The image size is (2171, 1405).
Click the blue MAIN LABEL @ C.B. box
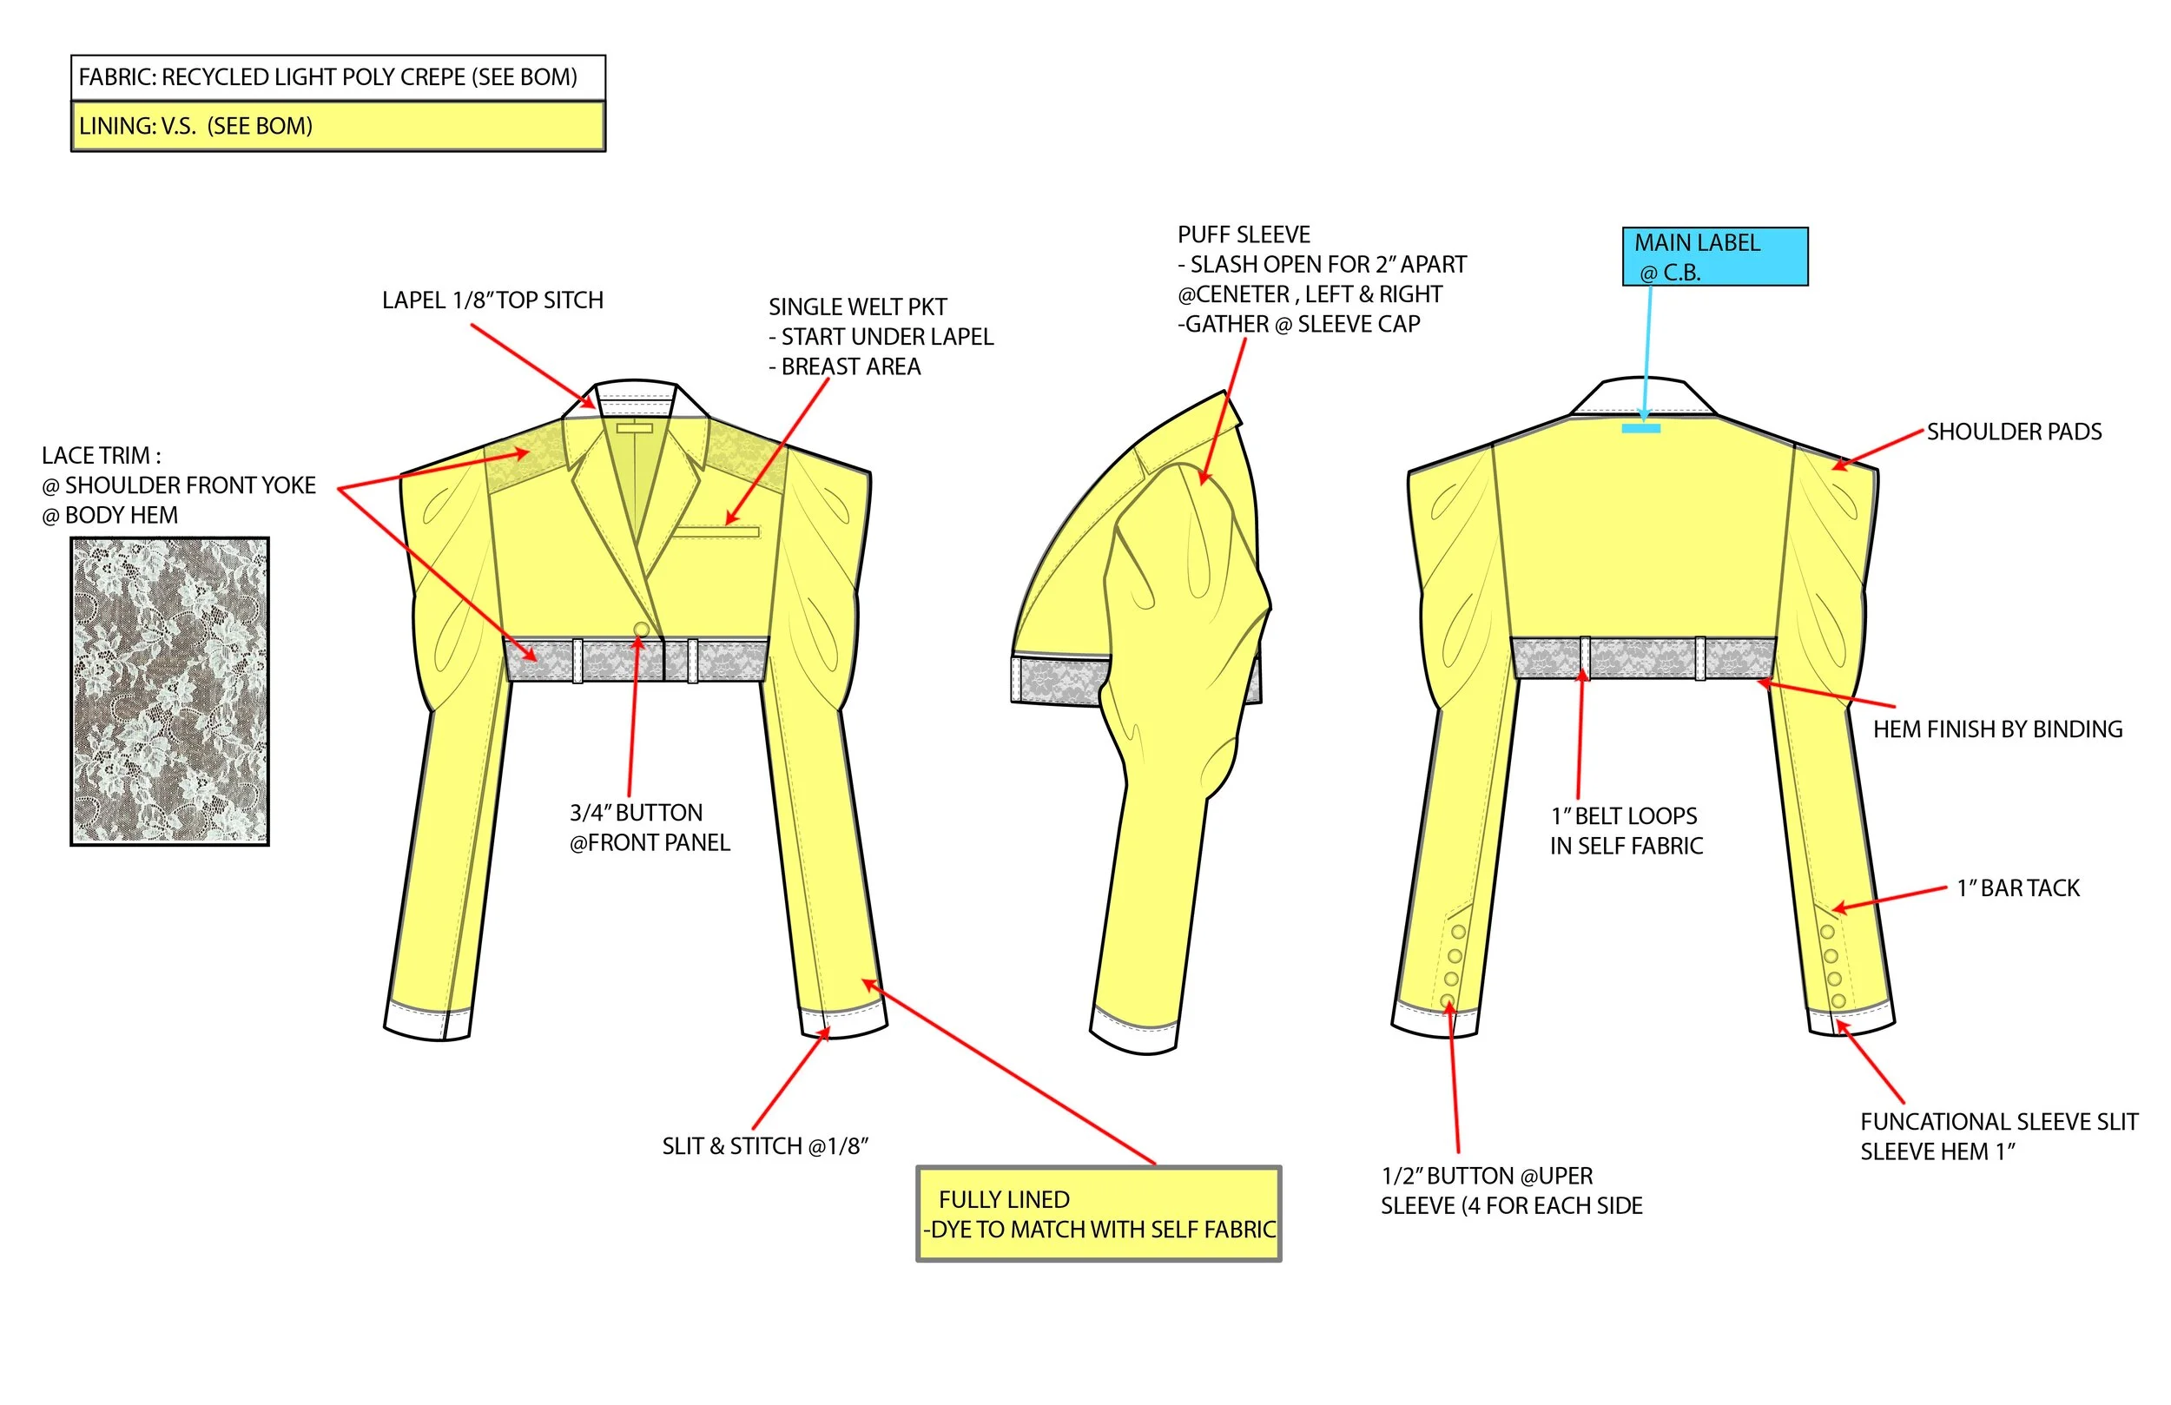coord(1714,256)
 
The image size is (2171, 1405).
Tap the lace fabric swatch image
coord(169,690)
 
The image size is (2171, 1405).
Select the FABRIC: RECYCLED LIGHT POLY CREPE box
coord(338,76)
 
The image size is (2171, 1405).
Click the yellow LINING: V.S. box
coord(338,126)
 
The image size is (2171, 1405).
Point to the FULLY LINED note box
coord(1099,1213)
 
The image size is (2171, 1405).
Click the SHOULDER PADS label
coord(2013,432)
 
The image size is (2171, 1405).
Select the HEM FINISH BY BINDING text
coord(1996,729)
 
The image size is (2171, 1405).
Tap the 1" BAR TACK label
coord(2018,887)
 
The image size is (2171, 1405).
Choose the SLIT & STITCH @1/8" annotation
coord(764,1146)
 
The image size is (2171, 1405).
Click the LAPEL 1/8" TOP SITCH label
coord(492,300)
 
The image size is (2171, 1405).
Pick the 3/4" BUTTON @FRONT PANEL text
coord(650,828)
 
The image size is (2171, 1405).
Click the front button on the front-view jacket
coord(641,630)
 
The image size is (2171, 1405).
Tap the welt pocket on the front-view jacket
coord(716,531)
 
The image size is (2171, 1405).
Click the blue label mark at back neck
coord(1640,428)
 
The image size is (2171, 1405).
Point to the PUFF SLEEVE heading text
coord(1244,234)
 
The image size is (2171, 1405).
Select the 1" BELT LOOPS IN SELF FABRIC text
coord(1626,830)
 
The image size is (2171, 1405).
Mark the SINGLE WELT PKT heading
coord(857,307)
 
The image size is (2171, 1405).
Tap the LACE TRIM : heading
coord(102,455)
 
